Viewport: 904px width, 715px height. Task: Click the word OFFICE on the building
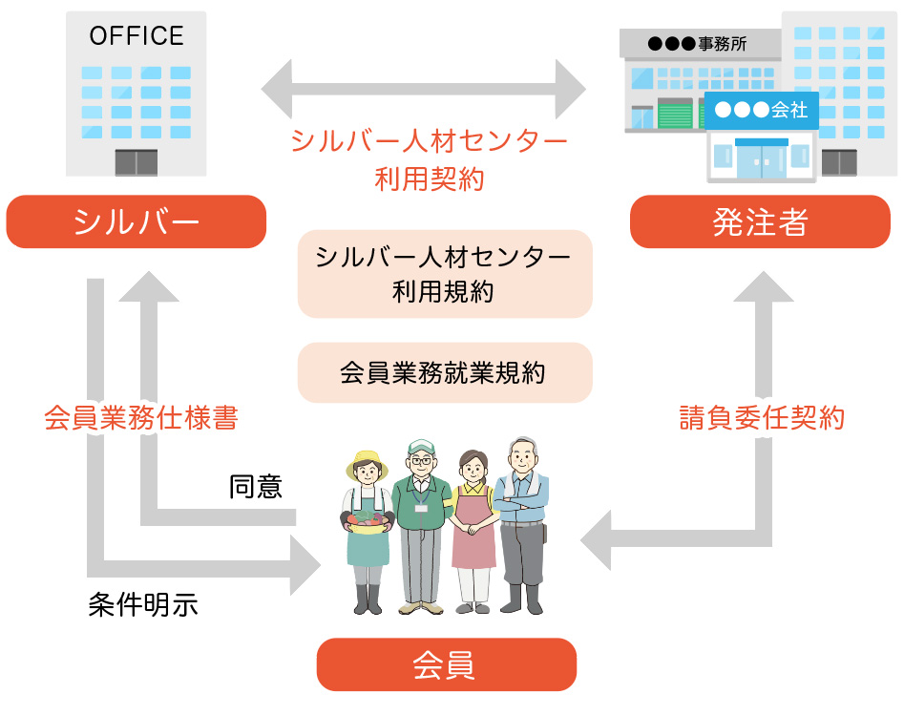pos(137,36)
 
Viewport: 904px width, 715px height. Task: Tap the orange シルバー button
pos(136,221)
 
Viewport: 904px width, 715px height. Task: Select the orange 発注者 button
pos(760,221)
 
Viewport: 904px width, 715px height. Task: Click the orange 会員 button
pos(446,664)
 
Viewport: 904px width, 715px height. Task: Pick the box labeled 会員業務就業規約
pos(445,372)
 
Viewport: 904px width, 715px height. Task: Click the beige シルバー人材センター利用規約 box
pos(445,274)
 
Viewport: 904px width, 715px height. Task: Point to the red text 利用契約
pos(430,179)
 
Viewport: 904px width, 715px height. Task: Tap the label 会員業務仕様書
pos(141,418)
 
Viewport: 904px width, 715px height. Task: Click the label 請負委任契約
pos(761,418)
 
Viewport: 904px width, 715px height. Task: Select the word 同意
pos(256,487)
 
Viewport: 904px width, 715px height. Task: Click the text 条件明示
pos(143,604)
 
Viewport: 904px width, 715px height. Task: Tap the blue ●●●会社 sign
pos(761,111)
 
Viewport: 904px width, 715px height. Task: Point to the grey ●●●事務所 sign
pos(698,43)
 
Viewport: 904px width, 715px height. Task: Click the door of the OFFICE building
pos(137,162)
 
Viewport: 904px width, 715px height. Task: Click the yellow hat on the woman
pos(367,459)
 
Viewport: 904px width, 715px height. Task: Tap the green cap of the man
pos(420,446)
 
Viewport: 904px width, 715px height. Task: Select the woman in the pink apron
pos(473,530)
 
